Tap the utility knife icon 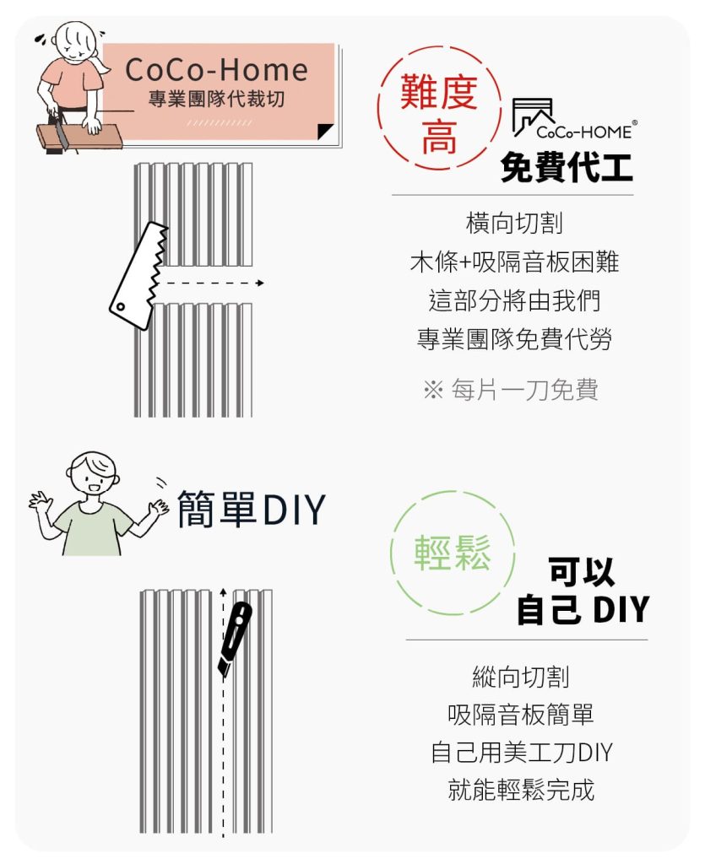click(x=234, y=640)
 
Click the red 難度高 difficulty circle click(x=439, y=108)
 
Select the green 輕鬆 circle click(x=453, y=552)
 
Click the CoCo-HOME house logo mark click(x=533, y=116)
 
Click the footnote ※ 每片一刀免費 click(x=511, y=390)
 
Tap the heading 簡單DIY click(x=252, y=510)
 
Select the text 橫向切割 click(x=514, y=223)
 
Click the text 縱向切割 click(x=521, y=677)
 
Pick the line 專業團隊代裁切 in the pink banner click(x=217, y=100)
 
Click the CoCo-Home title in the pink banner click(x=217, y=70)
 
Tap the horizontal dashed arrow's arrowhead click(x=260, y=283)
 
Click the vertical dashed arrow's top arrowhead click(x=223, y=592)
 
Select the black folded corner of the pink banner click(x=325, y=131)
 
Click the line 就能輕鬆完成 click(x=522, y=790)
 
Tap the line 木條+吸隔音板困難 click(x=514, y=262)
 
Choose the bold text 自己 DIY click(x=583, y=609)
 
